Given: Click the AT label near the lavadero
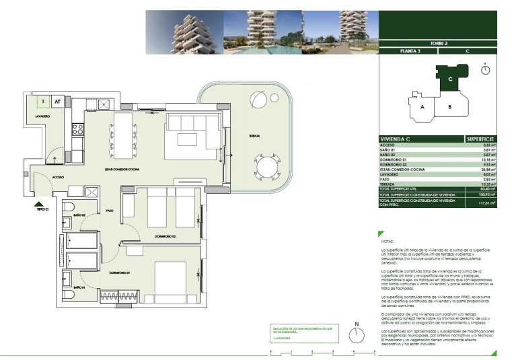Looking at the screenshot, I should click(x=58, y=102).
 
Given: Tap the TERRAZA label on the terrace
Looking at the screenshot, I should click(x=254, y=136).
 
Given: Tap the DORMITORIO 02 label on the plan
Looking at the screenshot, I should click(x=165, y=236).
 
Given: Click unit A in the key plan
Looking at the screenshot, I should click(x=422, y=107).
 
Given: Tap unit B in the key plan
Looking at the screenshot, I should click(x=449, y=107).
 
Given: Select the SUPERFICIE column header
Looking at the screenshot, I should click(x=480, y=139).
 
